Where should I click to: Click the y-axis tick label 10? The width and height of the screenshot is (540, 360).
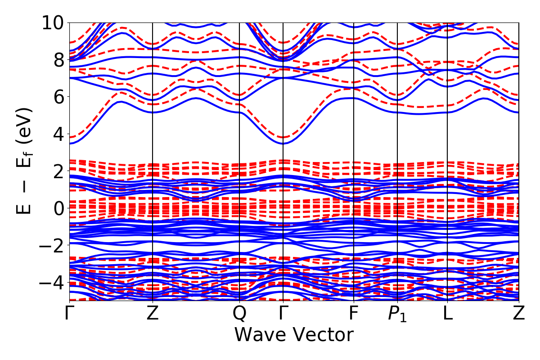click(x=54, y=22)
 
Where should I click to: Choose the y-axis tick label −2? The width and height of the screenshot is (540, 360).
click(x=54, y=245)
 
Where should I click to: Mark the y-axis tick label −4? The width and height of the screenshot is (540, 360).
click(x=54, y=283)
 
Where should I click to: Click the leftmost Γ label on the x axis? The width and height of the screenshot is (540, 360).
click(x=69, y=314)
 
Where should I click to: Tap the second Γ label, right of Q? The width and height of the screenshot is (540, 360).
click(x=283, y=314)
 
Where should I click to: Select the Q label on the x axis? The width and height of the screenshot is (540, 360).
click(x=239, y=314)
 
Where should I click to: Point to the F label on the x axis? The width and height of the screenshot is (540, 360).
click(x=354, y=314)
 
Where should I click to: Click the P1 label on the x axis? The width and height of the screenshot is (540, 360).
click(x=397, y=314)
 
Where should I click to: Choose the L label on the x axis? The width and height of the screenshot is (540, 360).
click(x=447, y=314)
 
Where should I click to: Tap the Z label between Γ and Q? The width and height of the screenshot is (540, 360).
click(x=153, y=314)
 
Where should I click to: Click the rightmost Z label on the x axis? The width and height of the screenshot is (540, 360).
click(x=519, y=314)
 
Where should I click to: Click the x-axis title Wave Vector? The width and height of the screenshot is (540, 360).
click(x=294, y=335)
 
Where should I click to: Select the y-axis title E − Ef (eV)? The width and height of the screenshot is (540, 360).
click(x=25, y=161)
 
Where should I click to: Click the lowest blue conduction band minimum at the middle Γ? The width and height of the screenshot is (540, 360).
click(x=283, y=144)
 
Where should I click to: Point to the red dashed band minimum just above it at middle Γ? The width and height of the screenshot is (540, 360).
click(x=283, y=137)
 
